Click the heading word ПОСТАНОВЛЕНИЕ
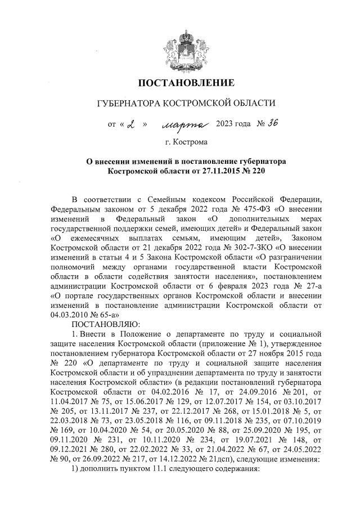click(186, 84)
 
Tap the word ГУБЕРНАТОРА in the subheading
click(128, 104)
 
